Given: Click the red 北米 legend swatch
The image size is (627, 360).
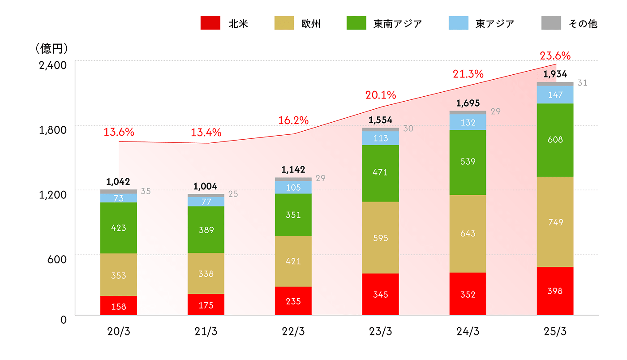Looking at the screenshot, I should (x=210, y=23).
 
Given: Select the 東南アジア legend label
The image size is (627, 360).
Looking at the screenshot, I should (x=398, y=24).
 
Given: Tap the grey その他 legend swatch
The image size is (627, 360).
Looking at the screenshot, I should (x=551, y=23).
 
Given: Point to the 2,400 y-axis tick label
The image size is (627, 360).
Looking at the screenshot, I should (x=52, y=65).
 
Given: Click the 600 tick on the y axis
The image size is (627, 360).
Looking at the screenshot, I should (x=57, y=259).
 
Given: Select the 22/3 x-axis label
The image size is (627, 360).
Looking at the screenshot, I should (x=293, y=331).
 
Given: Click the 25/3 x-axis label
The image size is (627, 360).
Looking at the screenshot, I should (x=555, y=331).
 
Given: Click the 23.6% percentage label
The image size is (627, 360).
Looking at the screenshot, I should (x=555, y=56).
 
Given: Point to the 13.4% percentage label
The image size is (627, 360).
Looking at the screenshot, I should (x=206, y=133).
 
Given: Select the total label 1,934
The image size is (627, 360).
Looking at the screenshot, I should (x=555, y=74).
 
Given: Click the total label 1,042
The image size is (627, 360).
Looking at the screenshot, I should (x=118, y=182).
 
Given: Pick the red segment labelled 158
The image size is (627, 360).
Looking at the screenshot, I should (x=119, y=306).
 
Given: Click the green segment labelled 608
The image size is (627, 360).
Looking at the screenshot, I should (x=555, y=140).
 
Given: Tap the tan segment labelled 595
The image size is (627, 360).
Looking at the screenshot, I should (x=381, y=238).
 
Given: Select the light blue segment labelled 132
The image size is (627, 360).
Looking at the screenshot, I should (x=468, y=122).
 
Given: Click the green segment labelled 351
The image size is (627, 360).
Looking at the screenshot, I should (x=293, y=215).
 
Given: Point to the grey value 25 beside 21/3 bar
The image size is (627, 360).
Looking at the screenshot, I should (x=233, y=194).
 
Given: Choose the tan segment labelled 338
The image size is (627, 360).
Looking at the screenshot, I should (x=206, y=274).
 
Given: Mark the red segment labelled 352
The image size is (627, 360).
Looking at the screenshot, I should (x=468, y=294).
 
